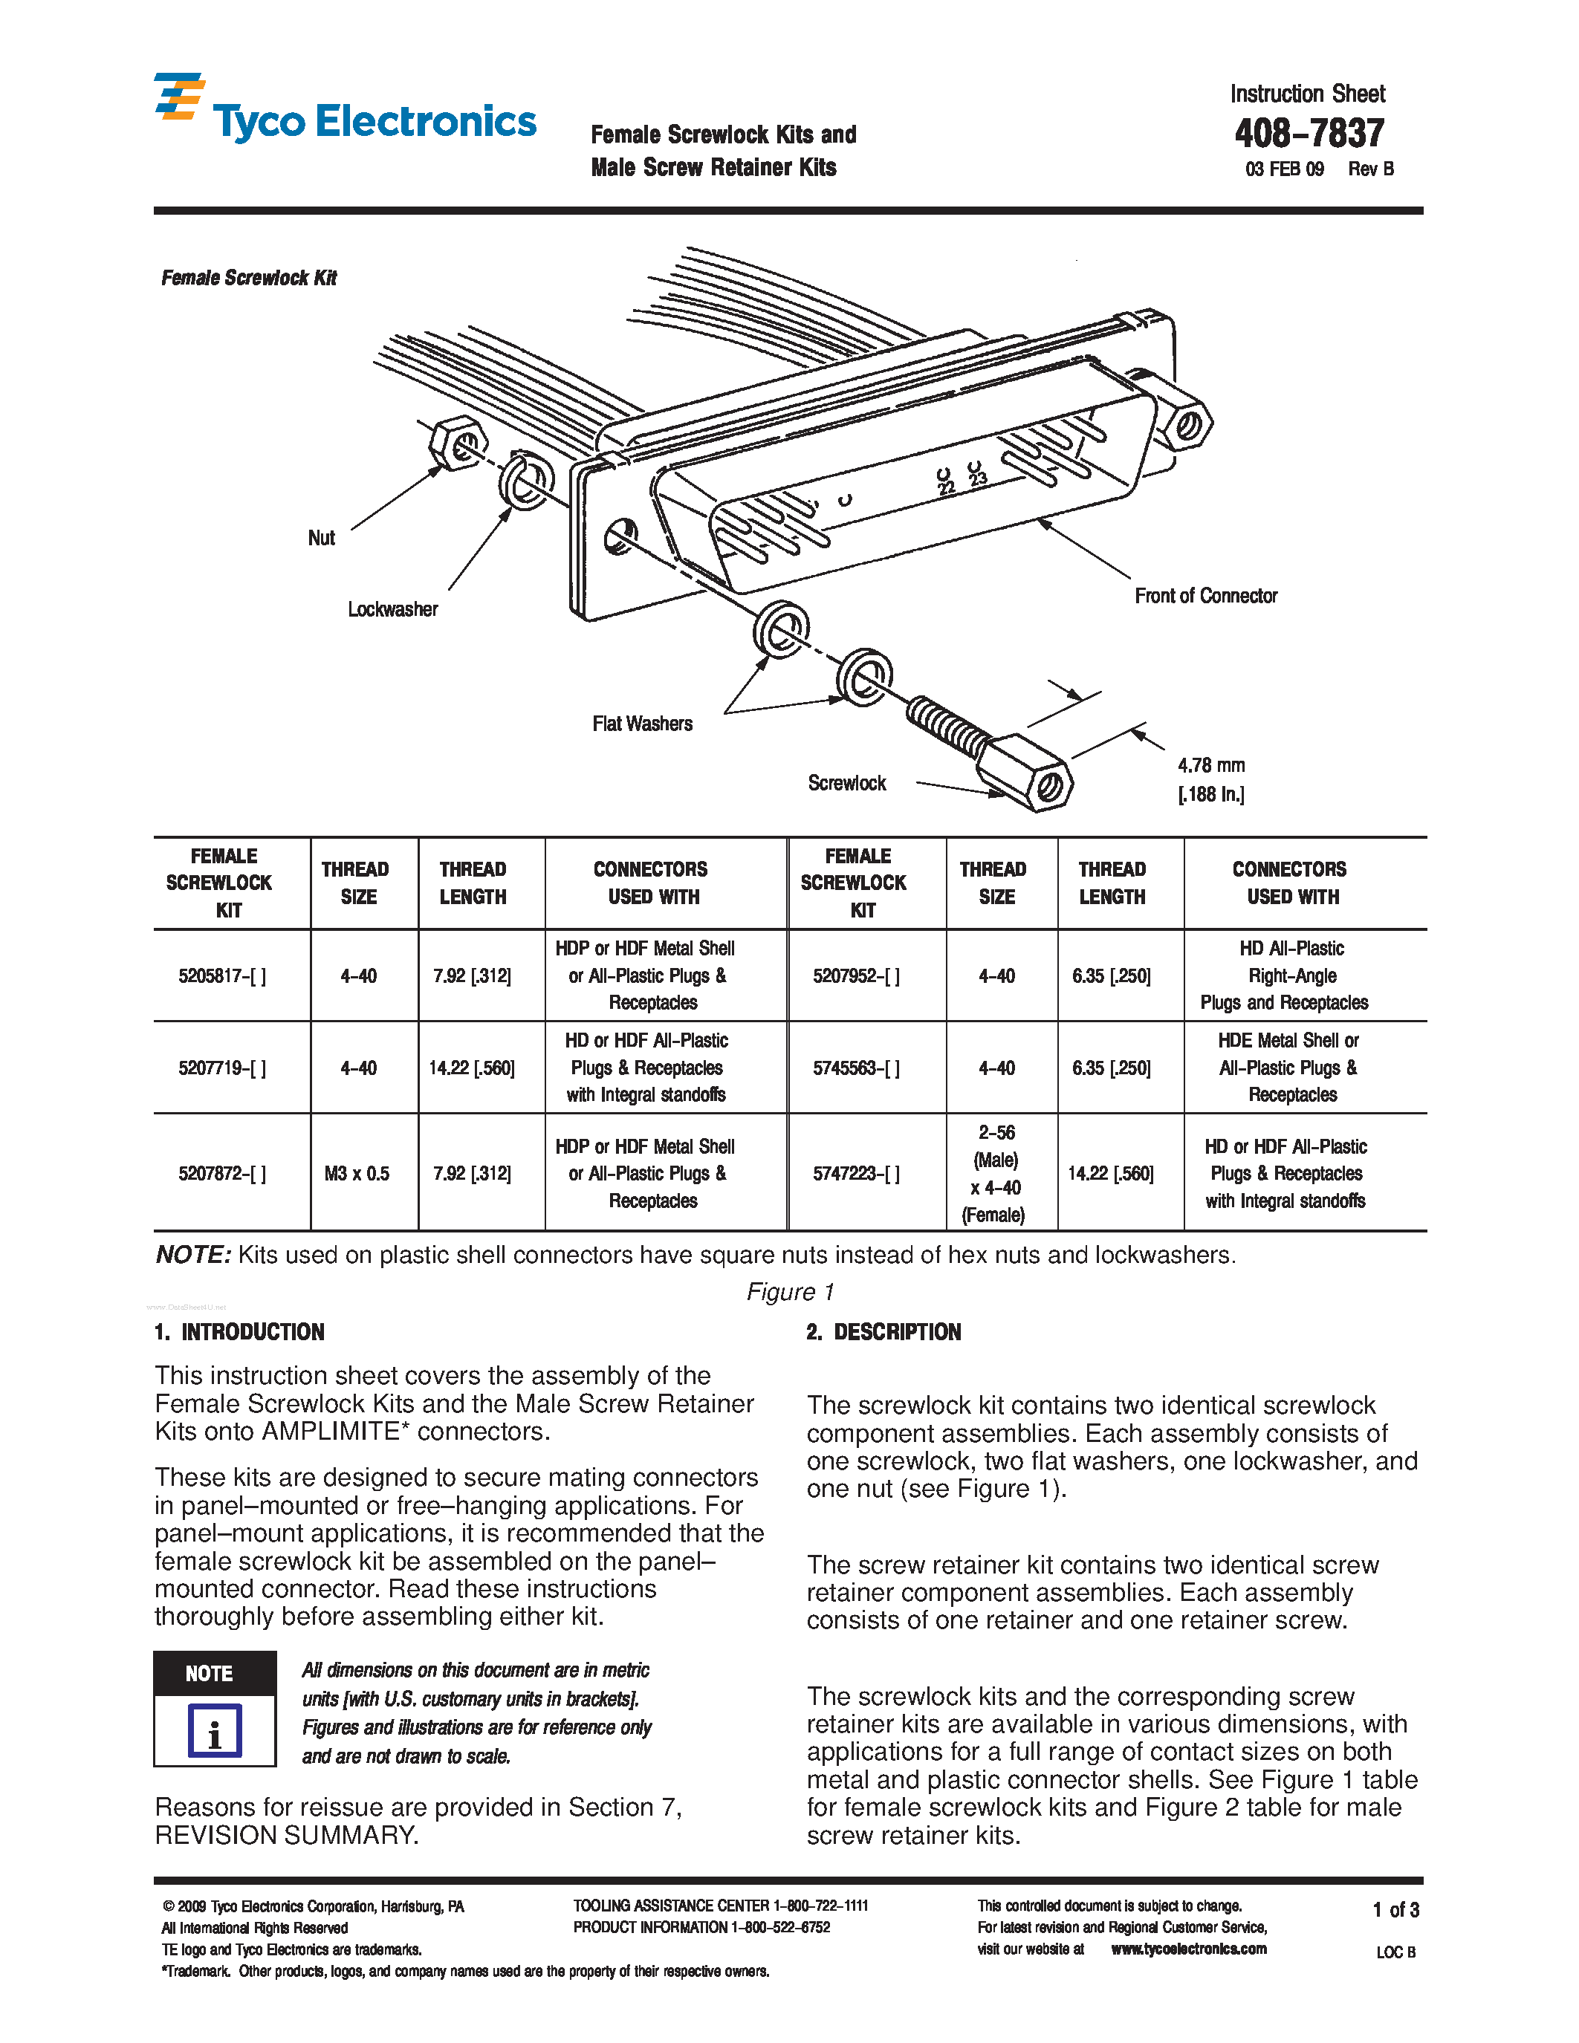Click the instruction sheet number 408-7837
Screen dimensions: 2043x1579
[1309, 134]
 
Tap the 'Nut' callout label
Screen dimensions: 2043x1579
[321, 538]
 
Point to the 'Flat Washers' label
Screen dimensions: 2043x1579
[642, 723]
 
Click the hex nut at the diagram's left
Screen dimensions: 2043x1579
[458, 444]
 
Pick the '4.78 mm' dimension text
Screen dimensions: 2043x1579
[1210, 765]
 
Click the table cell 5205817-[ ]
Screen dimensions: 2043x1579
[223, 975]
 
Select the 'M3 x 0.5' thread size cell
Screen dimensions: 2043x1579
[357, 1173]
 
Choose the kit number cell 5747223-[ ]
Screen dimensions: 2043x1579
[856, 1173]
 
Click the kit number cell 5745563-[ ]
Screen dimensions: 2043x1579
[856, 1068]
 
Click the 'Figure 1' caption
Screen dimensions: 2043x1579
[789, 1292]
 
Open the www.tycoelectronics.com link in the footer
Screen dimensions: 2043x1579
[1188, 1949]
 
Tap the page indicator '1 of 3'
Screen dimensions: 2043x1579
[1395, 1909]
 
